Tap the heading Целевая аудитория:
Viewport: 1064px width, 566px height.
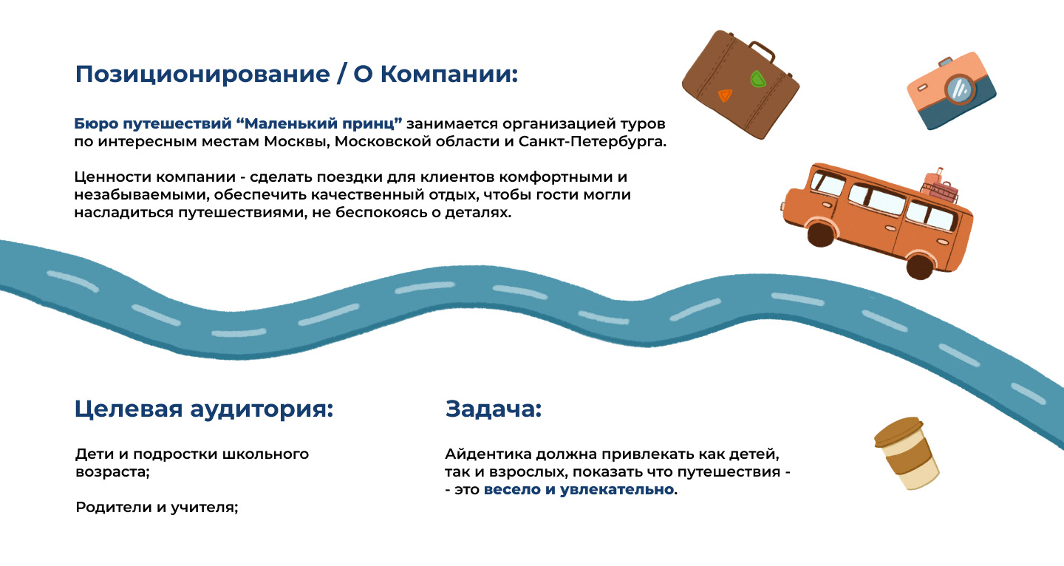204,409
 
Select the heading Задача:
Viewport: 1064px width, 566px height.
494,409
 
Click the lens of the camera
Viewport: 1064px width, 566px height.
960,90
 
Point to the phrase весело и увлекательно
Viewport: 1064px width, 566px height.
579,490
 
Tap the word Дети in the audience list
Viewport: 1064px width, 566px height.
92,454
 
